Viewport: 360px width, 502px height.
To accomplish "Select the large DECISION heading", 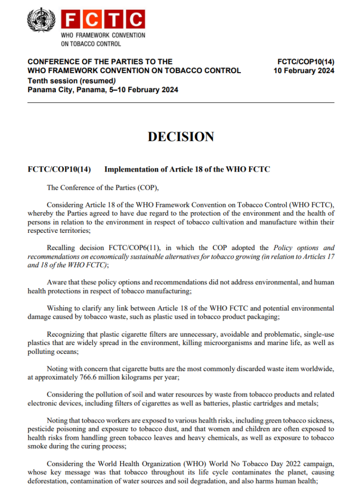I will pos(181,137).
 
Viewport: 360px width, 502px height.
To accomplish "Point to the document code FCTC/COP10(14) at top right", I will pos(306,62).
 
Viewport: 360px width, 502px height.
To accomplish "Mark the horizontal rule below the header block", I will pos(181,102).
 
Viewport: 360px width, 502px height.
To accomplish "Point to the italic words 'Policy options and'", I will pos(304,248).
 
